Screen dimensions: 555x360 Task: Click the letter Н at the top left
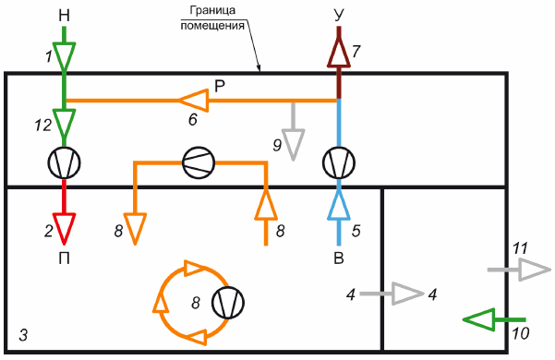64,16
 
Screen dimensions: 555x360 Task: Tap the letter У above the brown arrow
339,16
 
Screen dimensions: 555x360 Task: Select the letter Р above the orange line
220,86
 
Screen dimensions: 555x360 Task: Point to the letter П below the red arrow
64,258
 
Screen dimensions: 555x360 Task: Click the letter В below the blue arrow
339,258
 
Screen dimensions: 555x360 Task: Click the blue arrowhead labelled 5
339,205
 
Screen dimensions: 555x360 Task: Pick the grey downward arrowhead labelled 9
293,145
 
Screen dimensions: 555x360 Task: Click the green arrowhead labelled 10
478,319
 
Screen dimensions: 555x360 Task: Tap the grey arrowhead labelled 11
535,270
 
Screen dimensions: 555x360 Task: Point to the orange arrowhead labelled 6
193,101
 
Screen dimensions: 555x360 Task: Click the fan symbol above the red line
64,162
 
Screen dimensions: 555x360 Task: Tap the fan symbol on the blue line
339,162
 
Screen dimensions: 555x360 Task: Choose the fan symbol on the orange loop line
199,162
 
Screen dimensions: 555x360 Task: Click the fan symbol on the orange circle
228,303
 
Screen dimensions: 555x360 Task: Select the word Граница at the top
212,10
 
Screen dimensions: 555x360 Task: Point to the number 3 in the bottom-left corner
23,335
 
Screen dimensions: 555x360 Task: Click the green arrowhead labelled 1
64,56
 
